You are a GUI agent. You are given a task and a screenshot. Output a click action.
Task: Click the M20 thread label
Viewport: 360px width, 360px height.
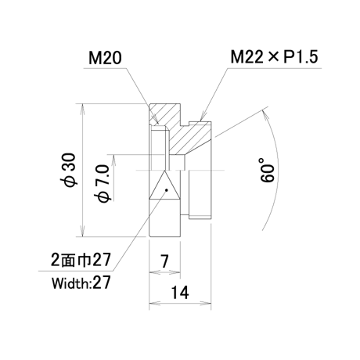tap(105, 58)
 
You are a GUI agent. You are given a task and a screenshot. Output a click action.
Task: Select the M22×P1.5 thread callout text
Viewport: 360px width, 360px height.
tap(274, 57)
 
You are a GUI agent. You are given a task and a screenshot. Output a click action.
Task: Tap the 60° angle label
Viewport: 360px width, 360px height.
tap(268, 170)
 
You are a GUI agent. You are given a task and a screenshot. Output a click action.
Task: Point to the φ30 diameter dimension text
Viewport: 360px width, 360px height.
tap(70, 171)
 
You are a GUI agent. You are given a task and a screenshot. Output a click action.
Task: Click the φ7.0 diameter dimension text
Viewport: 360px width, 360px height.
tap(103, 184)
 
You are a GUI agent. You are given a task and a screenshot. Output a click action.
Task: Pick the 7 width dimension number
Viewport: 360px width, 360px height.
tap(164, 261)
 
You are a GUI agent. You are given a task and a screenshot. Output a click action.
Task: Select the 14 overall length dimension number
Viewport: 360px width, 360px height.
tap(180, 293)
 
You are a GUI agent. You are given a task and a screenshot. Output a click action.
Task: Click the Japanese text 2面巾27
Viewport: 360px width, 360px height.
tap(81, 260)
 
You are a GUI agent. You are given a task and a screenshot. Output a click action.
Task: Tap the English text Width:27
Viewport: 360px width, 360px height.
tap(81, 283)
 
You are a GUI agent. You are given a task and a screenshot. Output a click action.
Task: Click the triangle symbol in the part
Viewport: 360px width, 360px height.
tap(164, 185)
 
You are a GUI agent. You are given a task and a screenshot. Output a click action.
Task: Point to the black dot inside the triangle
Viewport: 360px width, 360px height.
tap(167, 190)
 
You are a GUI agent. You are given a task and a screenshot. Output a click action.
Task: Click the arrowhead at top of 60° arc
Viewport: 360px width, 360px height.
tap(265, 115)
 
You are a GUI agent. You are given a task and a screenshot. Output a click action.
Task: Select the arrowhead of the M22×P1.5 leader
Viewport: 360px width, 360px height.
tap(202, 117)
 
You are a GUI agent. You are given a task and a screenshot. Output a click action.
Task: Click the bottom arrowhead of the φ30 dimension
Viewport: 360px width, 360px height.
tap(82, 232)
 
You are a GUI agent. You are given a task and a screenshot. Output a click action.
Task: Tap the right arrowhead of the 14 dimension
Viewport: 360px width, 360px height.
tap(205, 304)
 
